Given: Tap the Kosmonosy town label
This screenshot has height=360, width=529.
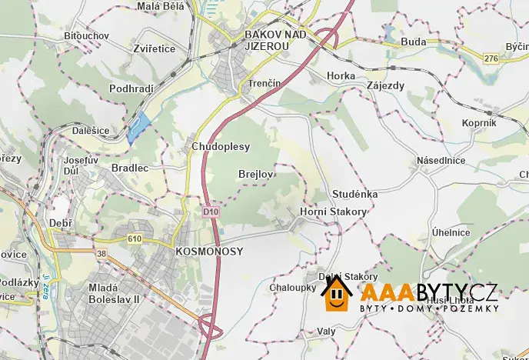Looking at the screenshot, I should pyautogui.click(x=209, y=252).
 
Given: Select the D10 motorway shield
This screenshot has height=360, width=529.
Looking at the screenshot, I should pyautogui.click(x=212, y=211).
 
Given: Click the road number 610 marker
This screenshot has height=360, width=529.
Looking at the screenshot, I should pyautogui.click(x=135, y=239).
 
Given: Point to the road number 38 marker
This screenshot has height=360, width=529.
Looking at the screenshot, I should pyautogui.click(x=102, y=252).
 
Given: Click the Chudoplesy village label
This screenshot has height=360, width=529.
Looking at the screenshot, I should pyautogui.click(x=220, y=146).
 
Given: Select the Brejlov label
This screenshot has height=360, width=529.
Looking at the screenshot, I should pyautogui.click(x=256, y=174).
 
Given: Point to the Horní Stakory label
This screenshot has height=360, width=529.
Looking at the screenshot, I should pyautogui.click(x=333, y=212).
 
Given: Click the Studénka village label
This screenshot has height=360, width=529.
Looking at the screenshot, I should pyautogui.click(x=355, y=194).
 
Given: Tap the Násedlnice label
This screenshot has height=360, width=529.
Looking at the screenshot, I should pyautogui.click(x=441, y=160).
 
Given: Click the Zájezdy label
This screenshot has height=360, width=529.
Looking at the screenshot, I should pyautogui.click(x=385, y=85).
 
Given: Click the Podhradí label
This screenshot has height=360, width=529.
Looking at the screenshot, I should pyautogui.click(x=133, y=88).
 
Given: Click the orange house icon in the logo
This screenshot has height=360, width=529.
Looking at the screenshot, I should pyautogui.click(x=336, y=293).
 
